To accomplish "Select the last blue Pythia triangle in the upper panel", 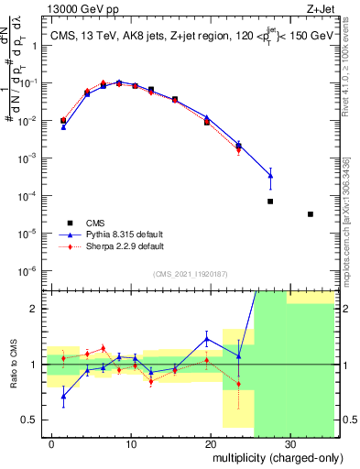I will [x=270, y=176].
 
